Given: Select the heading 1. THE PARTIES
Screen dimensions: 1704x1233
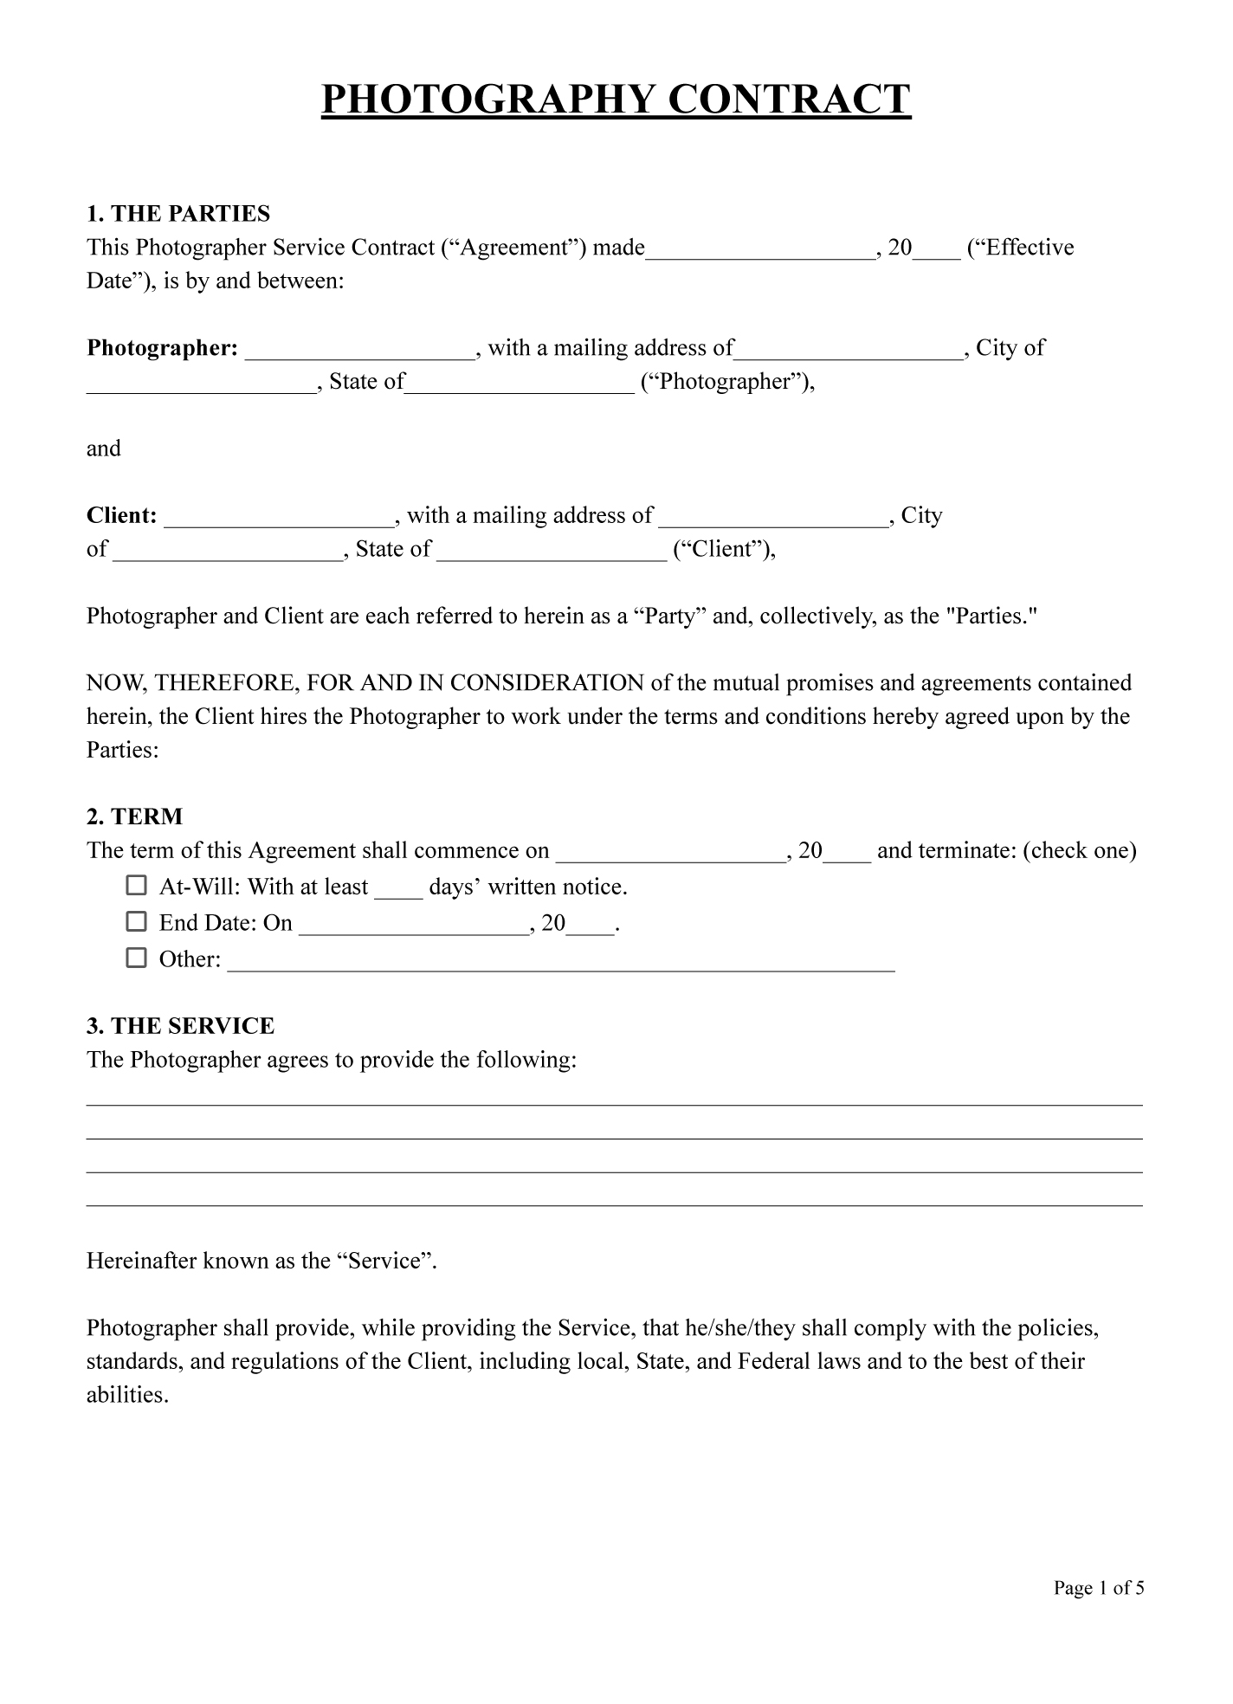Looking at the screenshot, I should pyautogui.click(x=178, y=214).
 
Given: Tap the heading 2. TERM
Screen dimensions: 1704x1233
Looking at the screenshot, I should pyautogui.click(x=134, y=816).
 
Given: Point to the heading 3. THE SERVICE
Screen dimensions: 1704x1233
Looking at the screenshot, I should pyautogui.click(x=180, y=1026).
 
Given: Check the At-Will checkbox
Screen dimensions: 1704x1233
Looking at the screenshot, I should pyautogui.click(x=136, y=885).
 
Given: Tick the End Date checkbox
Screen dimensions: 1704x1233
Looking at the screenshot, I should pyautogui.click(x=136, y=921).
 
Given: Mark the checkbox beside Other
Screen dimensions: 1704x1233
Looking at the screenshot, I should pyautogui.click(x=136, y=958).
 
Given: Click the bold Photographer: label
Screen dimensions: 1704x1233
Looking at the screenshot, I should pyautogui.click(x=162, y=348).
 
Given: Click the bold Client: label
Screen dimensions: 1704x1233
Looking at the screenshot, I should pyautogui.click(x=122, y=516).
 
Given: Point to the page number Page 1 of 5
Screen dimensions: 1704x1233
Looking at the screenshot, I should pyautogui.click(x=1099, y=1588).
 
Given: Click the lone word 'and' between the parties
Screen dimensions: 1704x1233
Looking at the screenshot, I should pyautogui.click(x=104, y=449).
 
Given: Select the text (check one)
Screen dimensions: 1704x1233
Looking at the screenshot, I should pyautogui.click(x=1079, y=850).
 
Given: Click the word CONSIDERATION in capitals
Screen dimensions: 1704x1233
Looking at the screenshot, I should pyautogui.click(x=546, y=683).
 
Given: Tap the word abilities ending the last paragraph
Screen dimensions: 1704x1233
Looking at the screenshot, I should pyautogui.click(x=126, y=1395).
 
